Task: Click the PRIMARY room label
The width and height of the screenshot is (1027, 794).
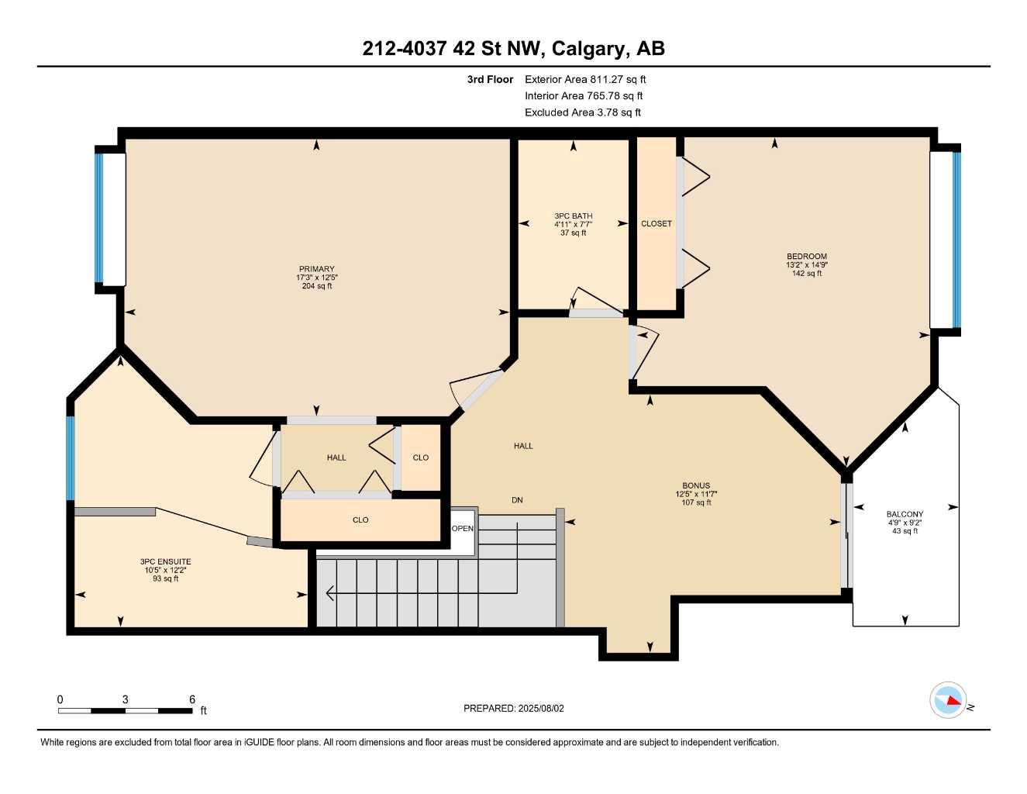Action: (x=316, y=269)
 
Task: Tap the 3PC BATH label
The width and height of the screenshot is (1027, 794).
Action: (x=573, y=216)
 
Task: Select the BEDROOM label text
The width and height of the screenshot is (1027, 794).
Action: (x=806, y=257)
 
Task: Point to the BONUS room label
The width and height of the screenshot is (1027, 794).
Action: (x=695, y=486)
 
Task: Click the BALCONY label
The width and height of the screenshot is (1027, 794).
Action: (x=905, y=514)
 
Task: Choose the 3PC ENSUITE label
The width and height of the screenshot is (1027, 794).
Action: (x=165, y=561)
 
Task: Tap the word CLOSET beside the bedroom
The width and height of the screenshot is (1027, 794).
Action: (x=656, y=223)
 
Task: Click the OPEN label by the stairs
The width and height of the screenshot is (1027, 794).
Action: (x=463, y=529)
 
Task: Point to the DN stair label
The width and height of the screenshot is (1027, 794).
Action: (x=517, y=500)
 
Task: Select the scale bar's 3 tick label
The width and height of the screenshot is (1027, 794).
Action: (x=125, y=699)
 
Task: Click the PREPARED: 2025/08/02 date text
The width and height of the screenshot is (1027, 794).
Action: (x=513, y=708)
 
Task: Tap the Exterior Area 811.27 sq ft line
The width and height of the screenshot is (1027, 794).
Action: (x=585, y=79)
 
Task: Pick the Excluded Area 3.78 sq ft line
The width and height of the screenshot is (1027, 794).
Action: (x=582, y=112)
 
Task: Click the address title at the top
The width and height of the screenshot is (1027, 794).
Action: (x=513, y=48)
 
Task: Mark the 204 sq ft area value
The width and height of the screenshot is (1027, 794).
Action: (x=316, y=286)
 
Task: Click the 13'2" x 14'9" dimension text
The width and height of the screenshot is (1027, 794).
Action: (x=806, y=265)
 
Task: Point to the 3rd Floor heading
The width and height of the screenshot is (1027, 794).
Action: (x=490, y=79)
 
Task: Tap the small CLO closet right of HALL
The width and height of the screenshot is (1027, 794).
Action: (x=420, y=457)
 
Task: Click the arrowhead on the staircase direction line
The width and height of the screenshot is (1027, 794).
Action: (x=329, y=594)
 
